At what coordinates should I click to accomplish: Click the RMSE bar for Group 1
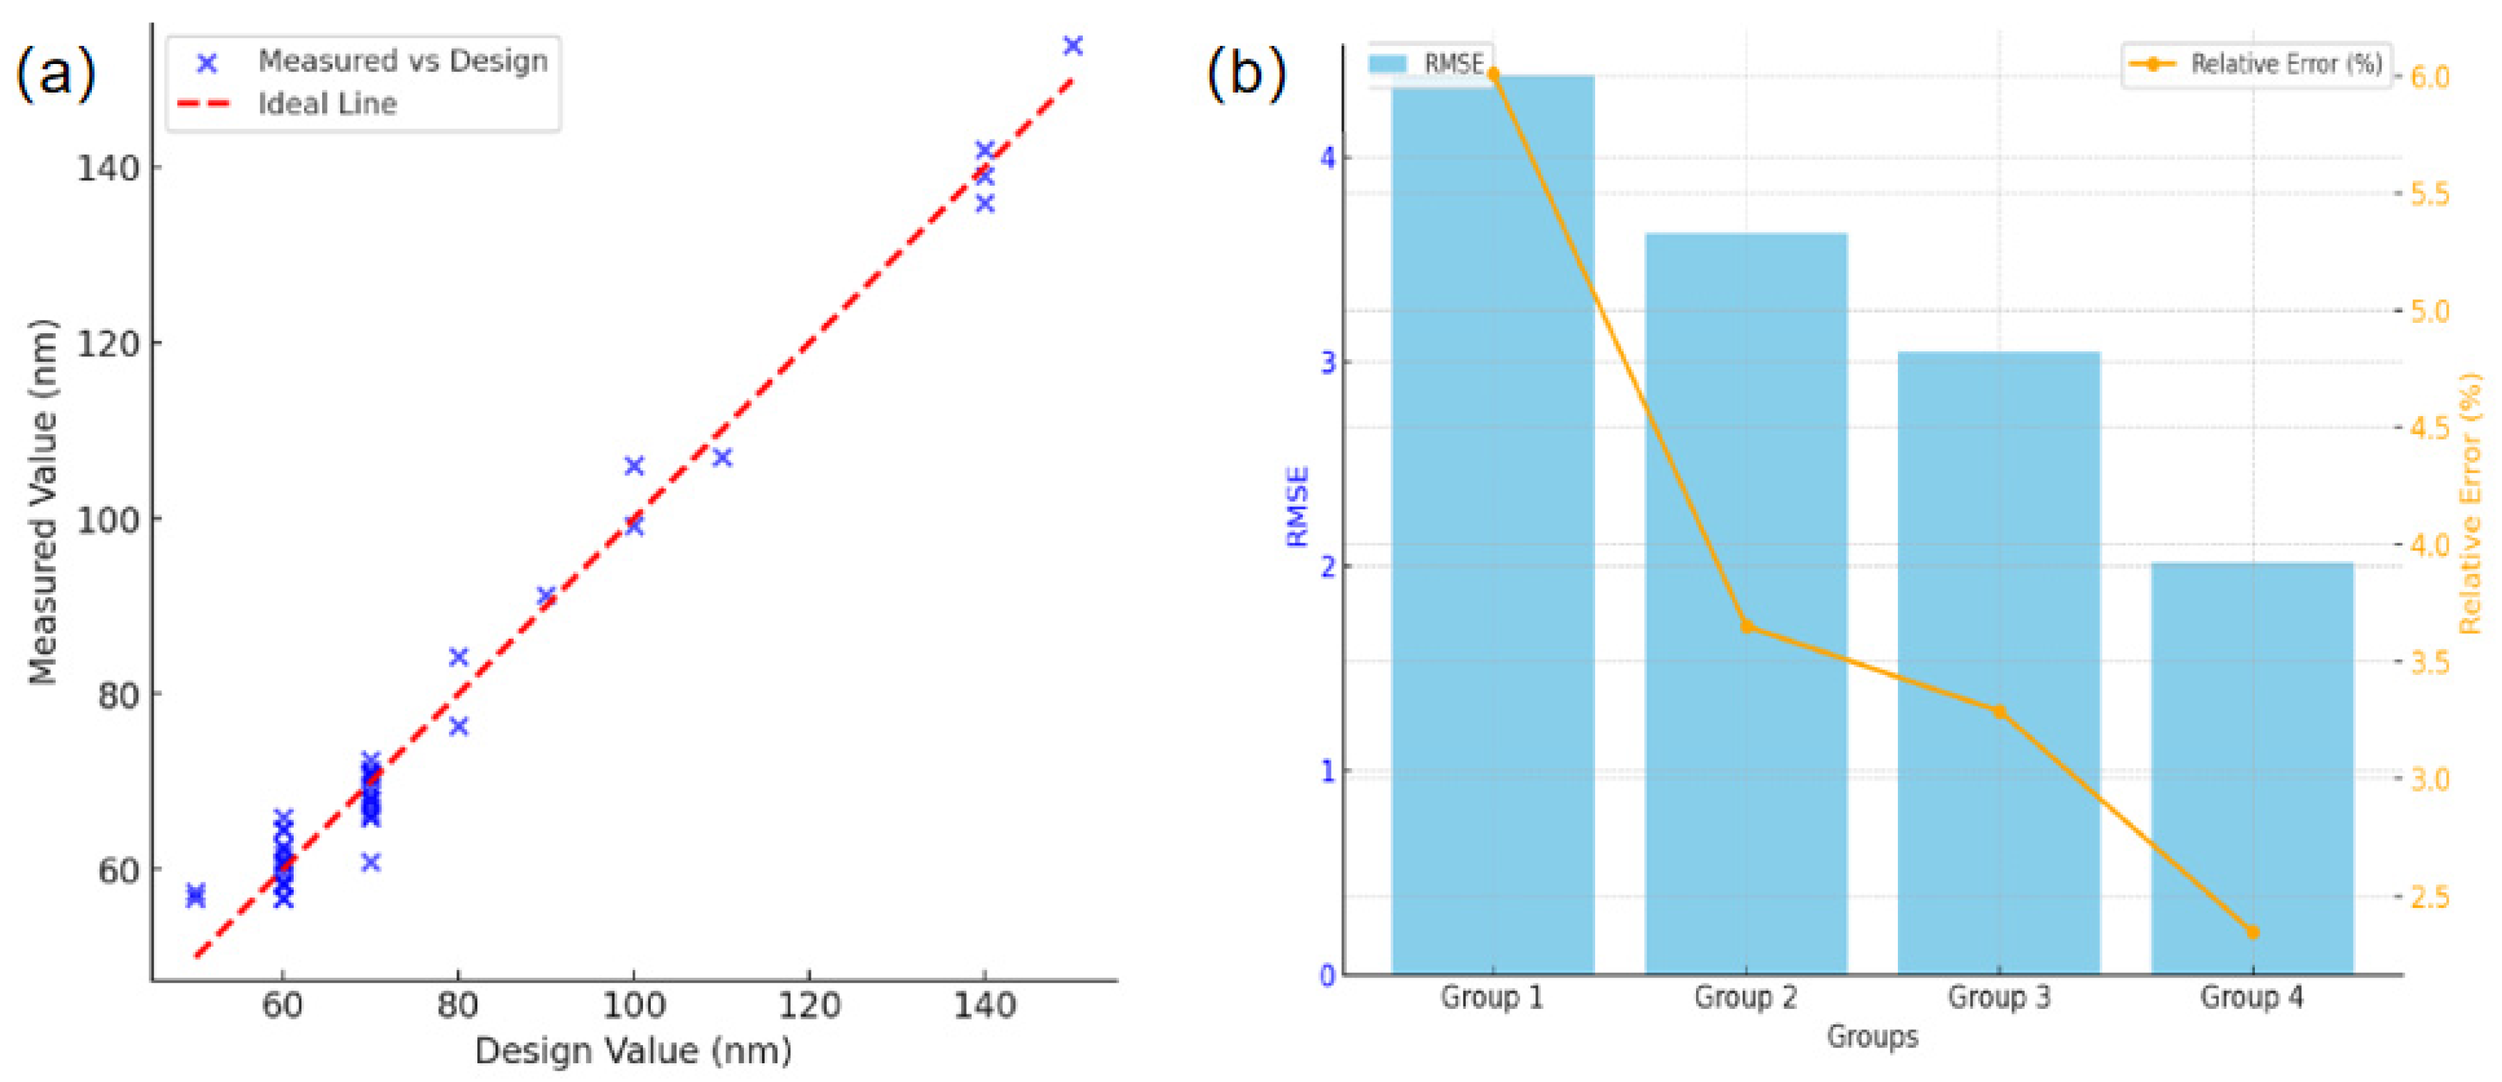coord(1492,525)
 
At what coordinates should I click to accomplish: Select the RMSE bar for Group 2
coord(1745,602)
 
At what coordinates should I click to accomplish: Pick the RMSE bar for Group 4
coord(2251,767)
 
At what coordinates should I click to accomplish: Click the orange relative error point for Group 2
coord(1746,626)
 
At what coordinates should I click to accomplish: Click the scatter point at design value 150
coord(1072,46)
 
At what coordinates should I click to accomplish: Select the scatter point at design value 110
coord(722,457)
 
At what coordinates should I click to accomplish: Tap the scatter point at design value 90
coord(546,596)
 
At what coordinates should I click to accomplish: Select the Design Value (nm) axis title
coord(633,1051)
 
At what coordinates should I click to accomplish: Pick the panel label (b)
coord(1246,73)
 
